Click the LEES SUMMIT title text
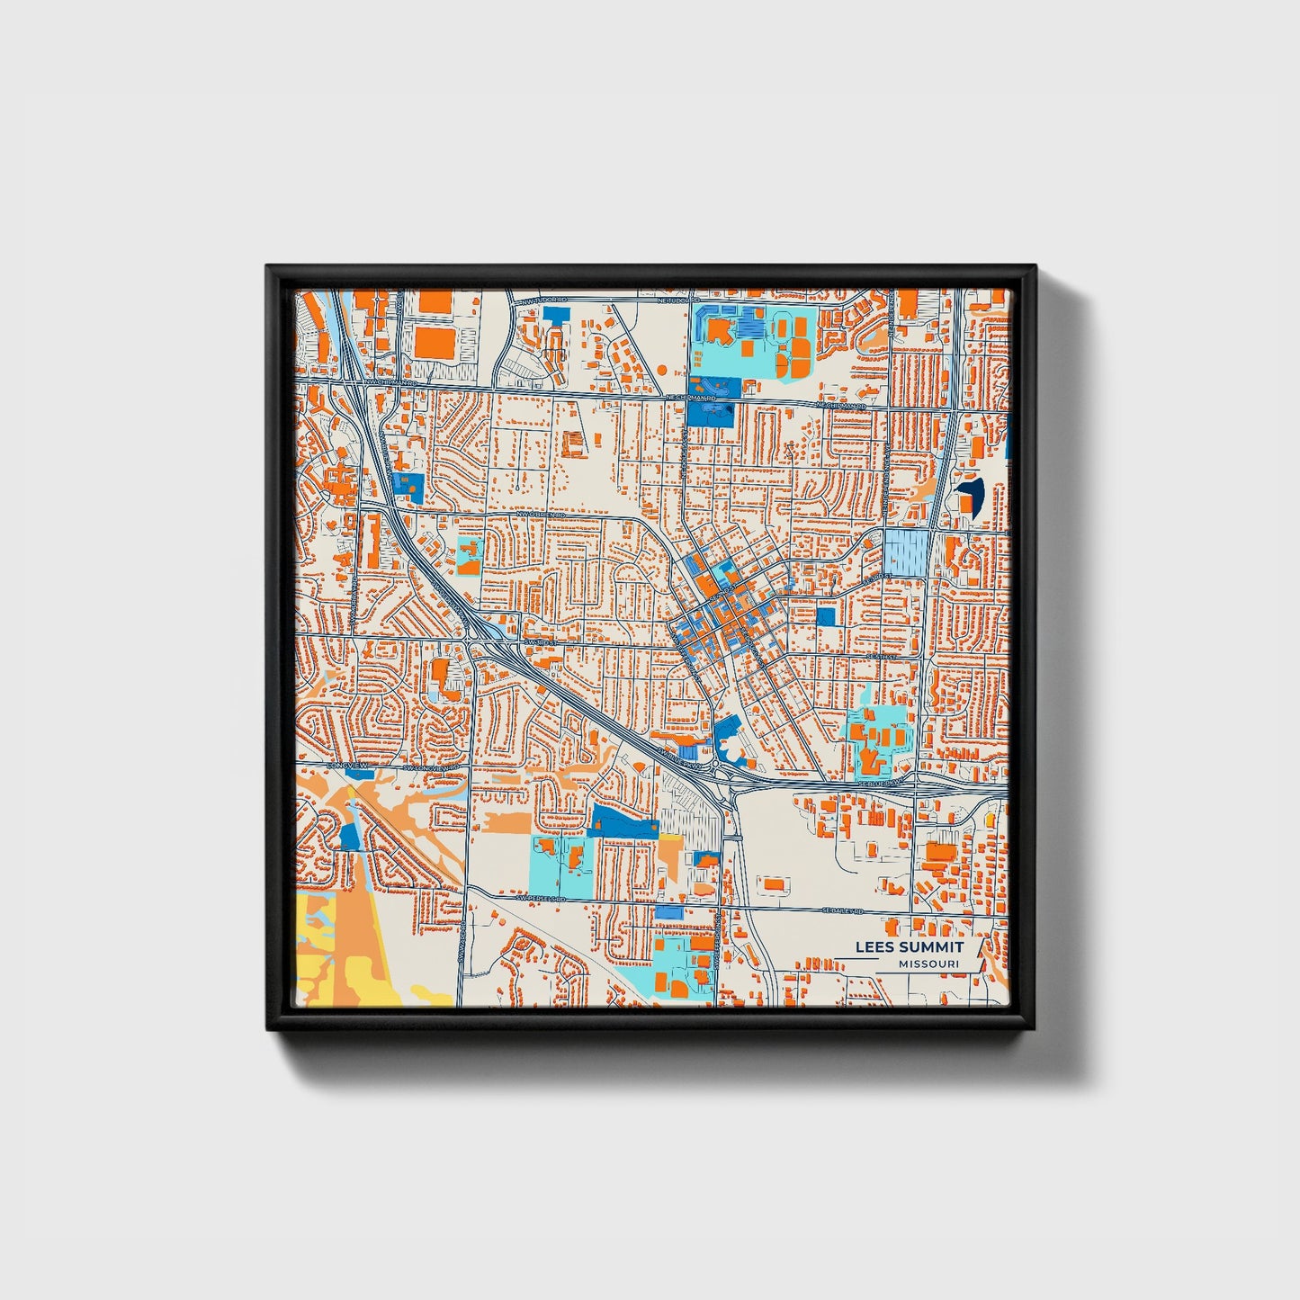coord(909,946)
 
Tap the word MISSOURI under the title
coord(928,964)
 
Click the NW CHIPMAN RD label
coord(390,381)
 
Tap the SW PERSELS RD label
coord(543,897)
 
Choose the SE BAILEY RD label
coord(842,910)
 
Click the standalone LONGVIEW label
coord(343,765)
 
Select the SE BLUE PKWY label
coord(878,783)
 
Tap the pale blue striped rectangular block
coord(905,551)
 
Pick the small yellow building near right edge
coord(991,820)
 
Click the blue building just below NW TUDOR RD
coord(557,315)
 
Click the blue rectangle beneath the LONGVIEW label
coord(359,773)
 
